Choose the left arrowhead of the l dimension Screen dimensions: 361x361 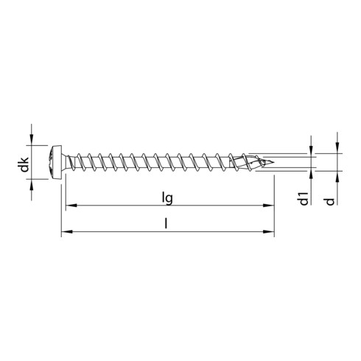tap(64, 233)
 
